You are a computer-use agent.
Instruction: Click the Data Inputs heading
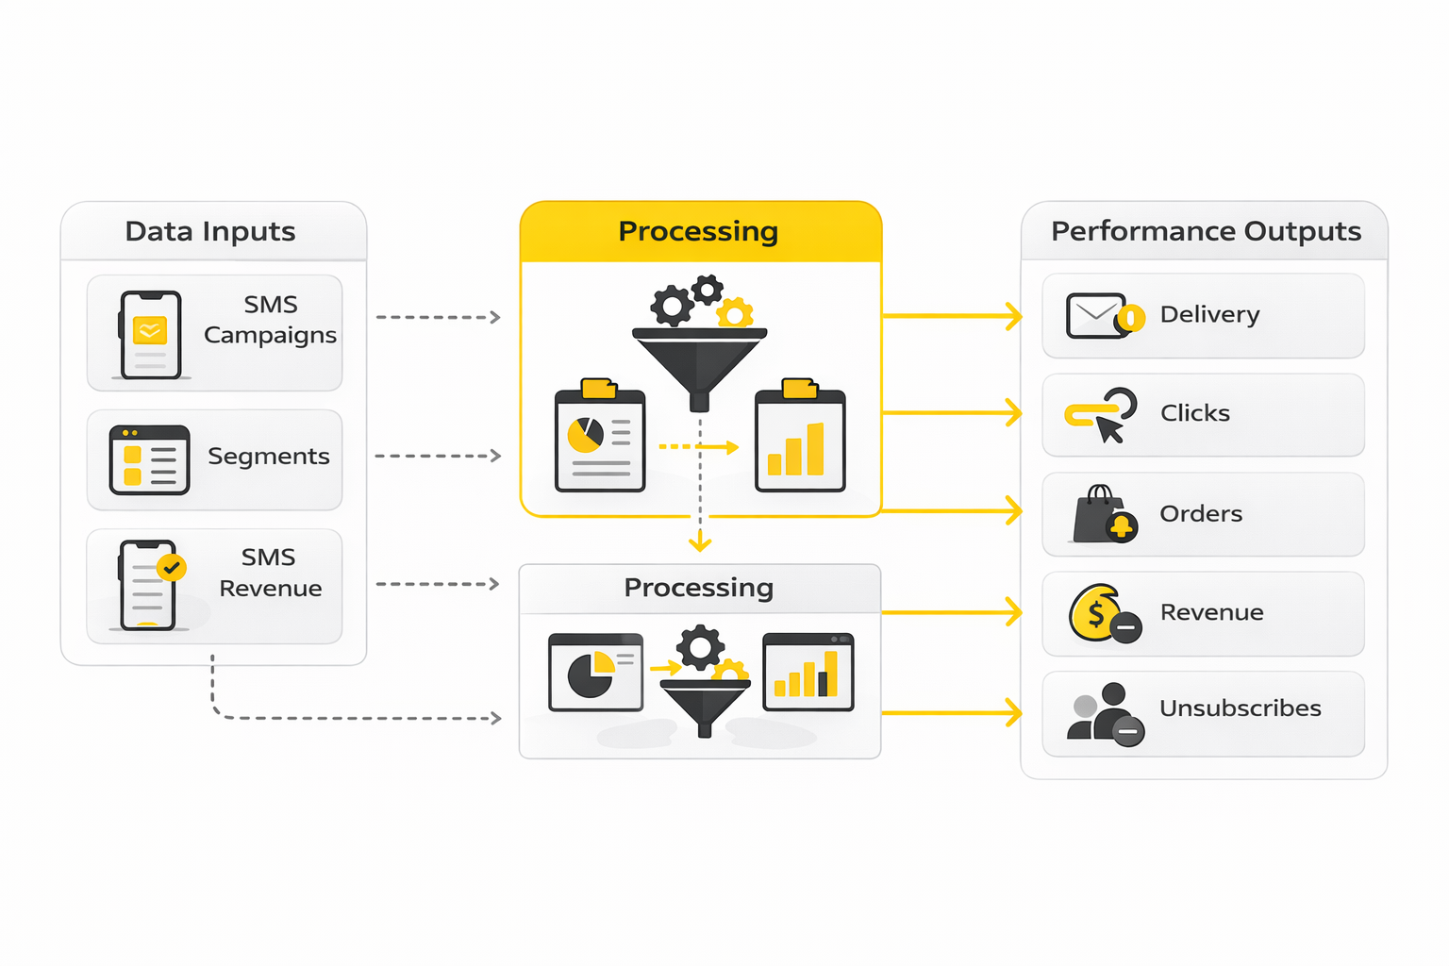coord(210,231)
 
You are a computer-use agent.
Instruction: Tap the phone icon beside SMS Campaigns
coord(150,335)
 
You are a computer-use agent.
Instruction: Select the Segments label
coord(269,457)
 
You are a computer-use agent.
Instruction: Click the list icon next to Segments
coord(149,460)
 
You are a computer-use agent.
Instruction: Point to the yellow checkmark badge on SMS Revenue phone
coord(171,567)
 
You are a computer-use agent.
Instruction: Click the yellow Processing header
coord(699,231)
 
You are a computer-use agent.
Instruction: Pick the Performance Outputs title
coord(1206,231)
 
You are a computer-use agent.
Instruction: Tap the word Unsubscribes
coord(1240,708)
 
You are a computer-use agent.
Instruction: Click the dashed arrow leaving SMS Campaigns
coord(438,317)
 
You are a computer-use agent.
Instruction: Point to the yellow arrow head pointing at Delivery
coord(1014,316)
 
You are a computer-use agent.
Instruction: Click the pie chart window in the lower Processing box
coord(595,673)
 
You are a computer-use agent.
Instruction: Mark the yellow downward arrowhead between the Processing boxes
coord(699,543)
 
